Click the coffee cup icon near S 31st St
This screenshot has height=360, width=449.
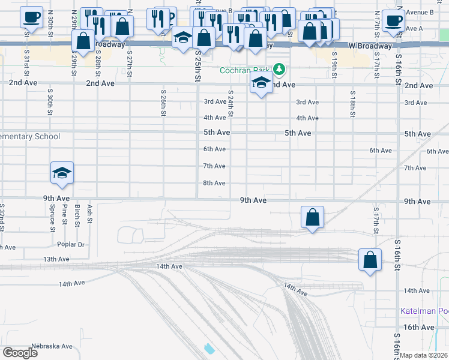coord(32,17)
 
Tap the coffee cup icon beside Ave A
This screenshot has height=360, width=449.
coord(393,20)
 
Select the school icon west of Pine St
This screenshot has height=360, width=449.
coord(62,173)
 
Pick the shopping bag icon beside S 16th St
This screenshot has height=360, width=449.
coord(370,260)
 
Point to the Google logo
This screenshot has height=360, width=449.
coord(20,353)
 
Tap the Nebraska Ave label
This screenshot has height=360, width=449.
coord(52,346)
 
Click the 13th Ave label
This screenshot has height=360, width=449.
coord(56,259)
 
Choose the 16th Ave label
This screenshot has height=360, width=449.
coord(418,327)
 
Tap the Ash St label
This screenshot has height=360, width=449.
coord(89,213)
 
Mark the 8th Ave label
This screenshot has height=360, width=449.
coord(214,183)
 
